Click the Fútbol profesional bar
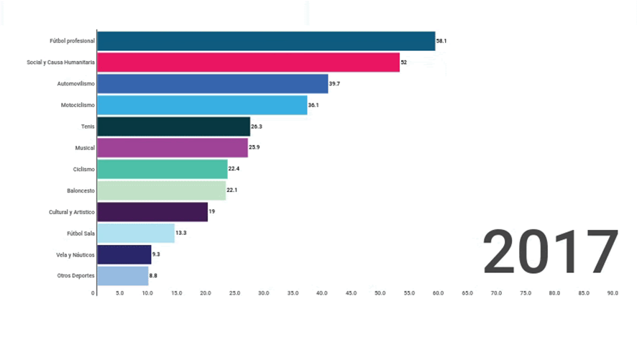tap(266, 41)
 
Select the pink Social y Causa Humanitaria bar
tap(248, 63)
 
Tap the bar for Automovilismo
tap(212, 84)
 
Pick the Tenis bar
tap(173, 126)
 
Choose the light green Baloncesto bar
tap(161, 190)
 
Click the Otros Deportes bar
tap(122, 275)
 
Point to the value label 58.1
tap(441, 41)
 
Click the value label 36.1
tap(313, 106)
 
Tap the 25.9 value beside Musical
tap(255, 148)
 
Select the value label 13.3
tap(181, 233)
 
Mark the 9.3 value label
tap(157, 254)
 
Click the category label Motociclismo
tap(78, 106)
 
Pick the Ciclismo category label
tap(85, 170)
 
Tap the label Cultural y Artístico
tap(71, 212)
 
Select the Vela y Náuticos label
tap(75, 254)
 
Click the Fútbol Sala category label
tap(79, 233)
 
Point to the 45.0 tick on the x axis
tap(351, 293)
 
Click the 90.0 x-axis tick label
tap(613, 293)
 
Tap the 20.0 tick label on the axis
tap(205, 293)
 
